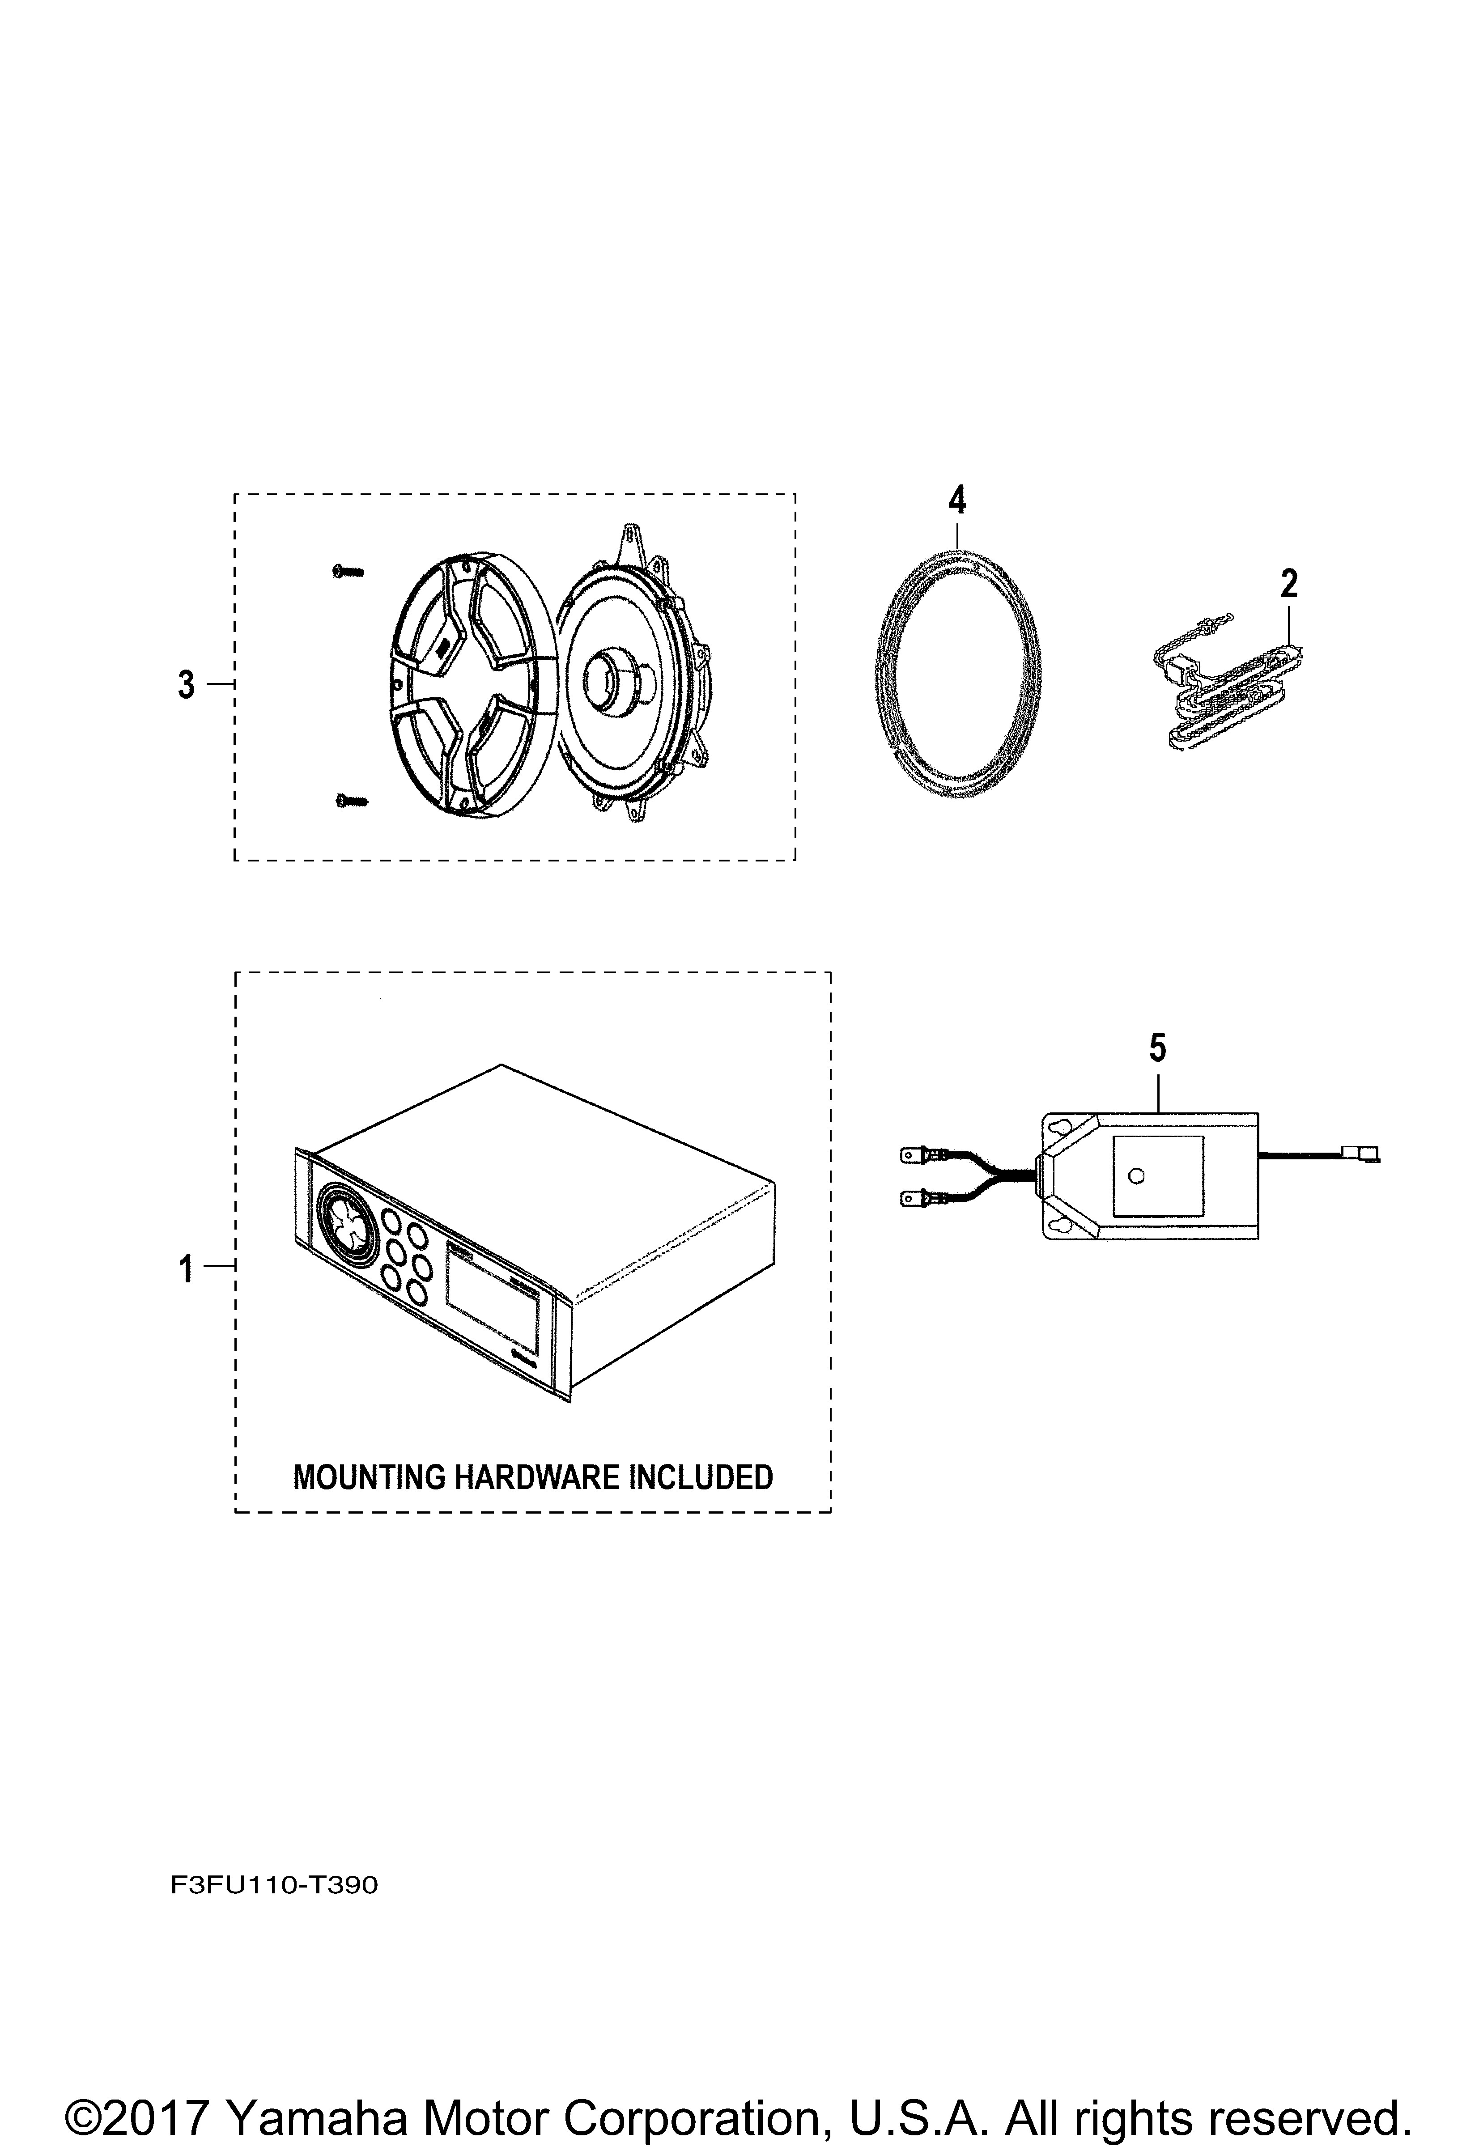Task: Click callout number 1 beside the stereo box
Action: click(x=187, y=1268)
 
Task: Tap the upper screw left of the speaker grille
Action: click(x=348, y=572)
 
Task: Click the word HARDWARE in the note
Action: click(x=536, y=1477)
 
